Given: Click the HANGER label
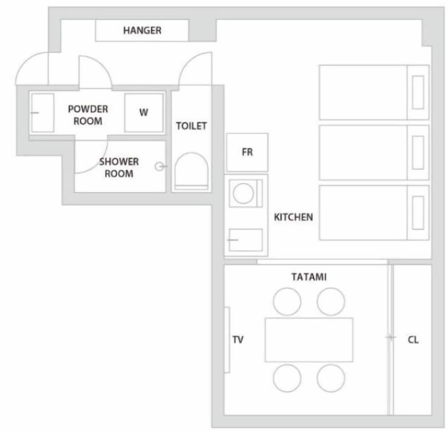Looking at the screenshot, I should (x=142, y=31).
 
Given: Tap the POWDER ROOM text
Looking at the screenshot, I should (x=88, y=115).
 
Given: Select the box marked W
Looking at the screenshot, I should (x=143, y=113).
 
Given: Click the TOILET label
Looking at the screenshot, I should (x=191, y=126).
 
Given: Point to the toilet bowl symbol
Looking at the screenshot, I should (x=191, y=171).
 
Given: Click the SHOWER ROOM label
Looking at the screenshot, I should (x=119, y=167).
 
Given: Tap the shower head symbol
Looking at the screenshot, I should (x=159, y=167).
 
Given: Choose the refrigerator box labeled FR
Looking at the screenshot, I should (x=247, y=152).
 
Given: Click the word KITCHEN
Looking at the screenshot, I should (x=293, y=218).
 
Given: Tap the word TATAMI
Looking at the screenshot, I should (x=309, y=277).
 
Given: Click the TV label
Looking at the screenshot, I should (x=238, y=340).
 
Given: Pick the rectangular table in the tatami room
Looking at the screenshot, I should (x=309, y=340).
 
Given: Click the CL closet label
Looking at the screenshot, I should (x=413, y=340).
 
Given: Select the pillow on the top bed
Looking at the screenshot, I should (x=418, y=92).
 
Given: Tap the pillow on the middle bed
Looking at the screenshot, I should (x=418, y=152).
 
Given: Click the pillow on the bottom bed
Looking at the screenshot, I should (x=418, y=213).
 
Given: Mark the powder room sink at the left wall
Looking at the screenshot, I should (x=42, y=113).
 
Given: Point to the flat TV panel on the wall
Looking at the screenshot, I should (x=227, y=340).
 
